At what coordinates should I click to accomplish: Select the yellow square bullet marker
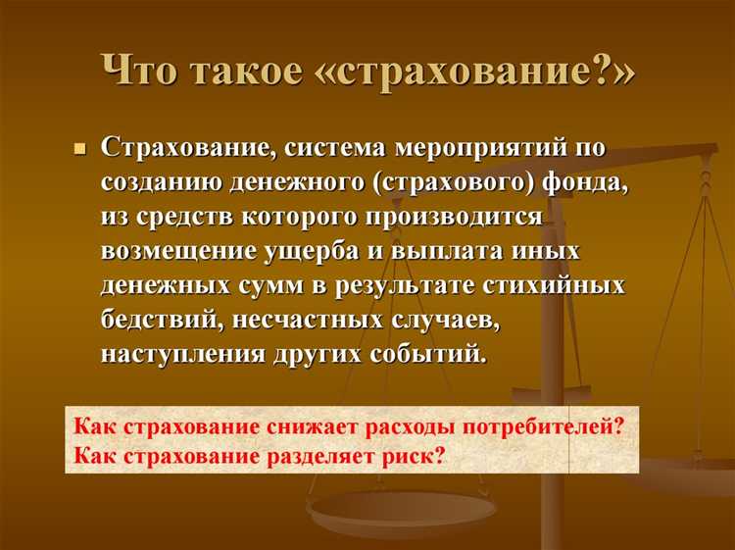81,149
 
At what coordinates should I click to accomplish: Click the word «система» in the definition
338,149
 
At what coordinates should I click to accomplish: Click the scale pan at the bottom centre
402,512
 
